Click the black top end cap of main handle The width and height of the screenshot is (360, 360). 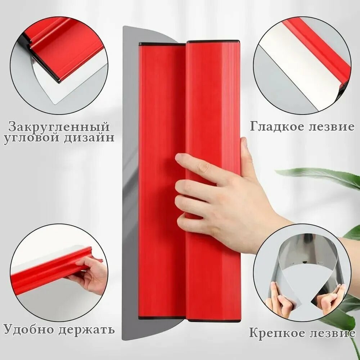tap(212, 41)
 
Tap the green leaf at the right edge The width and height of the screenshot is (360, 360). tap(324, 176)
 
